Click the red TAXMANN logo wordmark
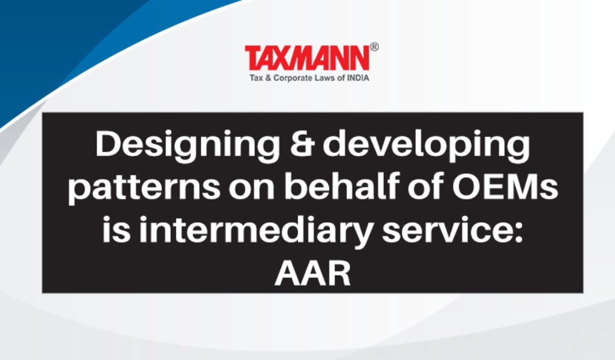point(307,58)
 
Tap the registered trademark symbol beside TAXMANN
point(375,47)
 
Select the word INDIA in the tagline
point(358,78)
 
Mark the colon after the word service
point(518,232)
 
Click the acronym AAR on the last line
point(313,273)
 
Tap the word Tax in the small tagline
point(256,78)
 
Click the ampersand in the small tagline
point(268,78)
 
